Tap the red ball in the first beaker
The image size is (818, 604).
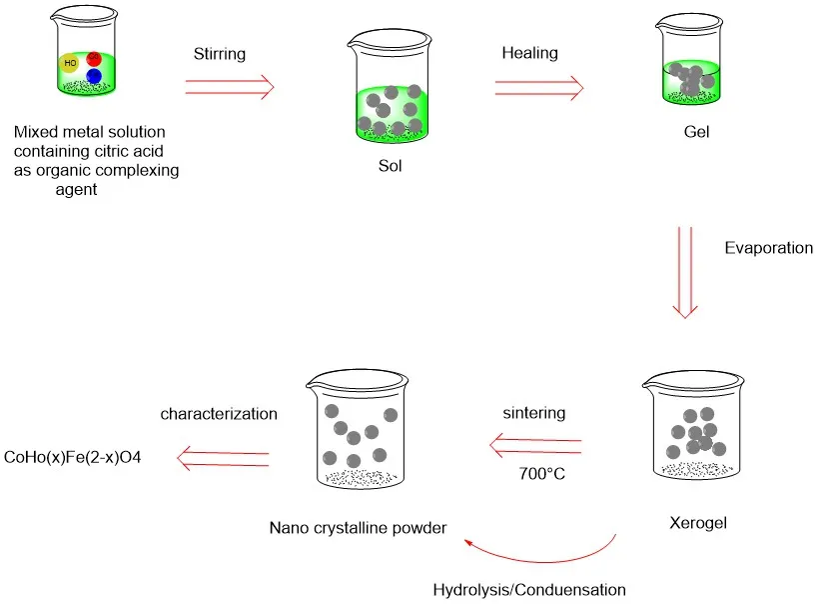pyautogui.click(x=94, y=59)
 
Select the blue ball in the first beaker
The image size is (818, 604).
pyautogui.click(x=94, y=76)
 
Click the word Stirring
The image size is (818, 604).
pyautogui.click(x=221, y=55)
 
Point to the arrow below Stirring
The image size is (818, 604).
pyautogui.click(x=230, y=88)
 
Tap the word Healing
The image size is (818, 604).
pyautogui.click(x=529, y=55)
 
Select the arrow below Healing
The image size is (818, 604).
pyautogui.click(x=539, y=88)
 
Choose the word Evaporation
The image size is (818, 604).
pyautogui.click(x=768, y=248)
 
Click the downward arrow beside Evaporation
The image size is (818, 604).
pyautogui.click(x=684, y=272)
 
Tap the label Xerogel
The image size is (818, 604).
pyautogui.click(x=693, y=522)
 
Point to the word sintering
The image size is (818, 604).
pyautogui.click(x=534, y=412)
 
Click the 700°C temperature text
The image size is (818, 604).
pyautogui.click(x=540, y=472)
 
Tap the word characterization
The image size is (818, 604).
pyautogui.click(x=219, y=412)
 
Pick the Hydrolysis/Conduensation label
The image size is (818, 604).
pyautogui.click(x=528, y=589)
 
